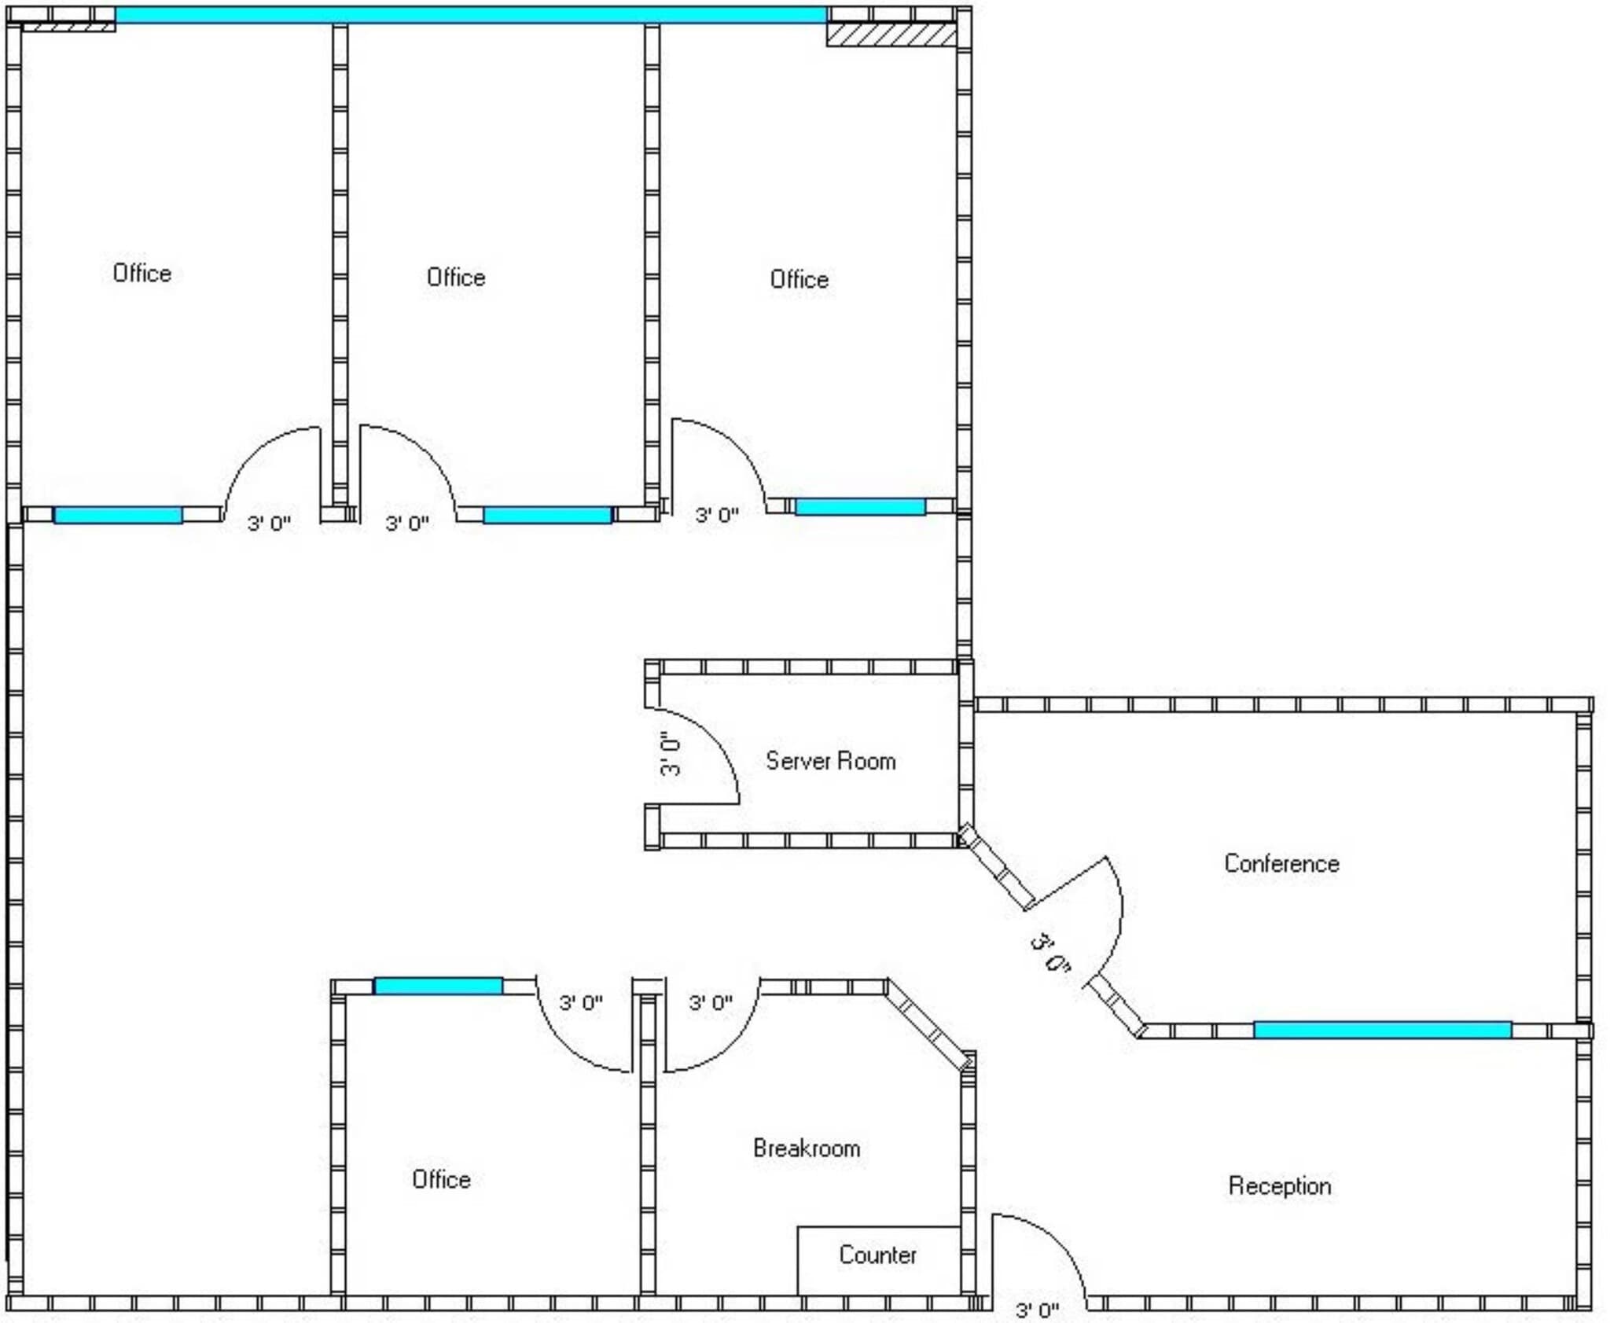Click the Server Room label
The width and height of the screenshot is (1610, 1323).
[x=830, y=761]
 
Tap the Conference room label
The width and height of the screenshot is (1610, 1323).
[x=1281, y=864]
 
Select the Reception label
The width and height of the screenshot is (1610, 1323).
[x=1279, y=1185]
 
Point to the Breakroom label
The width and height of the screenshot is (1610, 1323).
[x=807, y=1148]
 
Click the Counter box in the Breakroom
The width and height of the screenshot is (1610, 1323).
[x=878, y=1255]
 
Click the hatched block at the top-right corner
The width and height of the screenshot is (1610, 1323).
[x=891, y=35]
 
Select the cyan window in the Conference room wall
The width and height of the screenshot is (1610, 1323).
[x=1382, y=1030]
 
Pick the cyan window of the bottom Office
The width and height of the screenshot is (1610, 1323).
[x=438, y=986]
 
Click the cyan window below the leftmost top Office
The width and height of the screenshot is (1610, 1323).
[x=118, y=515]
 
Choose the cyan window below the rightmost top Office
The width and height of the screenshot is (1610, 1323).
[x=860, y=506]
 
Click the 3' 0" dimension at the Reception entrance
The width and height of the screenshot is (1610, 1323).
[x=1037, y=1310]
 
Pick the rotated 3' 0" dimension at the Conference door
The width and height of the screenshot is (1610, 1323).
[x=1050, y=953]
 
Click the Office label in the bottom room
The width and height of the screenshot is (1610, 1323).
[x=441, y=1179]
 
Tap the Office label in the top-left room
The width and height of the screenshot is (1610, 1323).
[x=142, y=273]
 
